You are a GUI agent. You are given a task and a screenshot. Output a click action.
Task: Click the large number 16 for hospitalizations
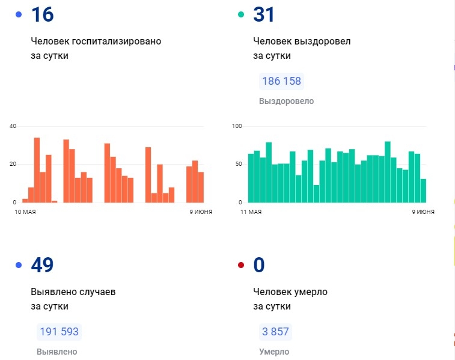click(43, 14)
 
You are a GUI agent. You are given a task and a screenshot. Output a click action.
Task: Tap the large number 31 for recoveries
click(264, 14)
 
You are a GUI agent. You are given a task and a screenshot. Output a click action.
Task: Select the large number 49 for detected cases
click(42, 264)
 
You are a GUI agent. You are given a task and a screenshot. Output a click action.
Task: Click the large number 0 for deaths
click(259, 264)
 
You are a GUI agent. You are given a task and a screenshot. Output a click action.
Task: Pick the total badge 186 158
click(281, 81)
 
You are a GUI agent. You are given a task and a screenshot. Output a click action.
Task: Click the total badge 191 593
click(59, 332)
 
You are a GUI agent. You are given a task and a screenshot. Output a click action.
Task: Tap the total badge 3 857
click(275, 332)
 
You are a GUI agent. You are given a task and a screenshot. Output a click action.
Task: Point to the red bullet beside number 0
click(241, 265)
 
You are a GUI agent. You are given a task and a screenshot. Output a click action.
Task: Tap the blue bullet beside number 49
click(19, 265)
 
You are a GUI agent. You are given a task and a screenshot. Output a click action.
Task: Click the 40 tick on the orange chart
click(13, 126)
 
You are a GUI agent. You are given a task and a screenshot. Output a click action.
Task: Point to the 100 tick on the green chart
click(236, 126)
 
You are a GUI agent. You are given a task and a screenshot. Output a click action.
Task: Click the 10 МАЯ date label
click(25, 212)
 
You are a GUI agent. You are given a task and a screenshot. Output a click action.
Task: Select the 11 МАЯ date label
click(251, 212)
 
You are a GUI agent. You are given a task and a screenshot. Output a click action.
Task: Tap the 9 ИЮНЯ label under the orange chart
click(194, 212)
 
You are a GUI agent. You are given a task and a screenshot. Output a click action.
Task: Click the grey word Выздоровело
click(286, 101)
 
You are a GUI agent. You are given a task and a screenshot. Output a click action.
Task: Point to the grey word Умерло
click(273, 352)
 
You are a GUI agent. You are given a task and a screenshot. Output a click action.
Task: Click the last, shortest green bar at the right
click(423, 191)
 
